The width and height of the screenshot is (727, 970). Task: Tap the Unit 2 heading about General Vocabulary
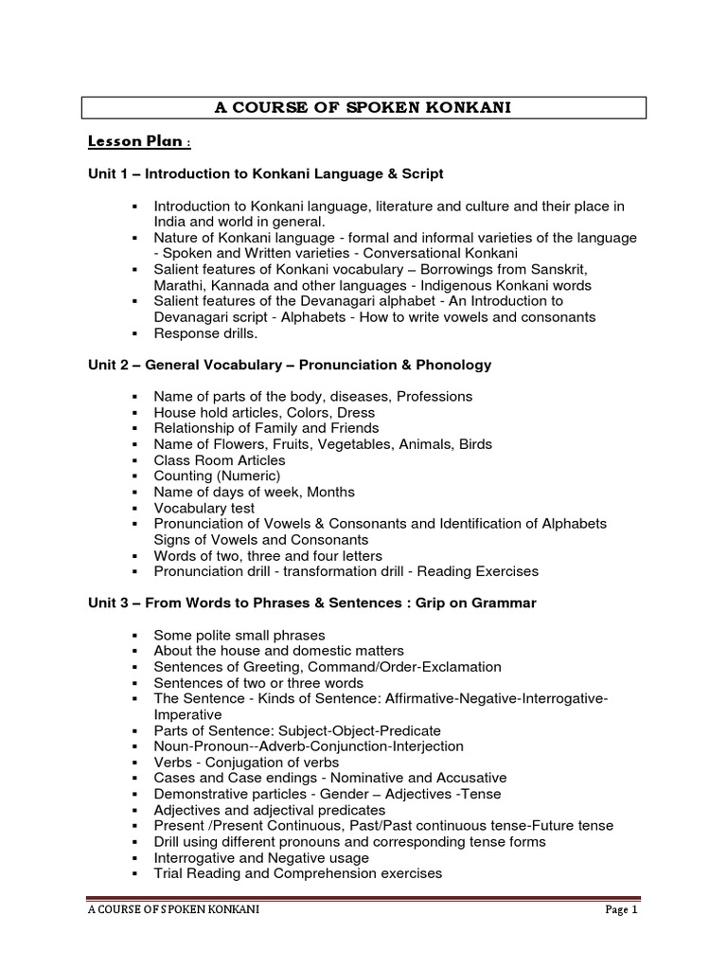287,365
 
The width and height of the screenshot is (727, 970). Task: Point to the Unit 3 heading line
309,603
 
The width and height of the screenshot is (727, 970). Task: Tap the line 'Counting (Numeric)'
217,476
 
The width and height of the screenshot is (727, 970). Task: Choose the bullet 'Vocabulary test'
204,508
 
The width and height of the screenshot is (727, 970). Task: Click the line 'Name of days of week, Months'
254,493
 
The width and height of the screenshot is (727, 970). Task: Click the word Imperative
187,714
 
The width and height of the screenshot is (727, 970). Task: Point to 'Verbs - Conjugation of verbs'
246,762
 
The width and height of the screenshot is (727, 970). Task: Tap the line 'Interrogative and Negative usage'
261,857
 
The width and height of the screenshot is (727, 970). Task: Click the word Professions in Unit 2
433,397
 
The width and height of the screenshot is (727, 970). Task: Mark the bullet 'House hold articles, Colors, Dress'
264,413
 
